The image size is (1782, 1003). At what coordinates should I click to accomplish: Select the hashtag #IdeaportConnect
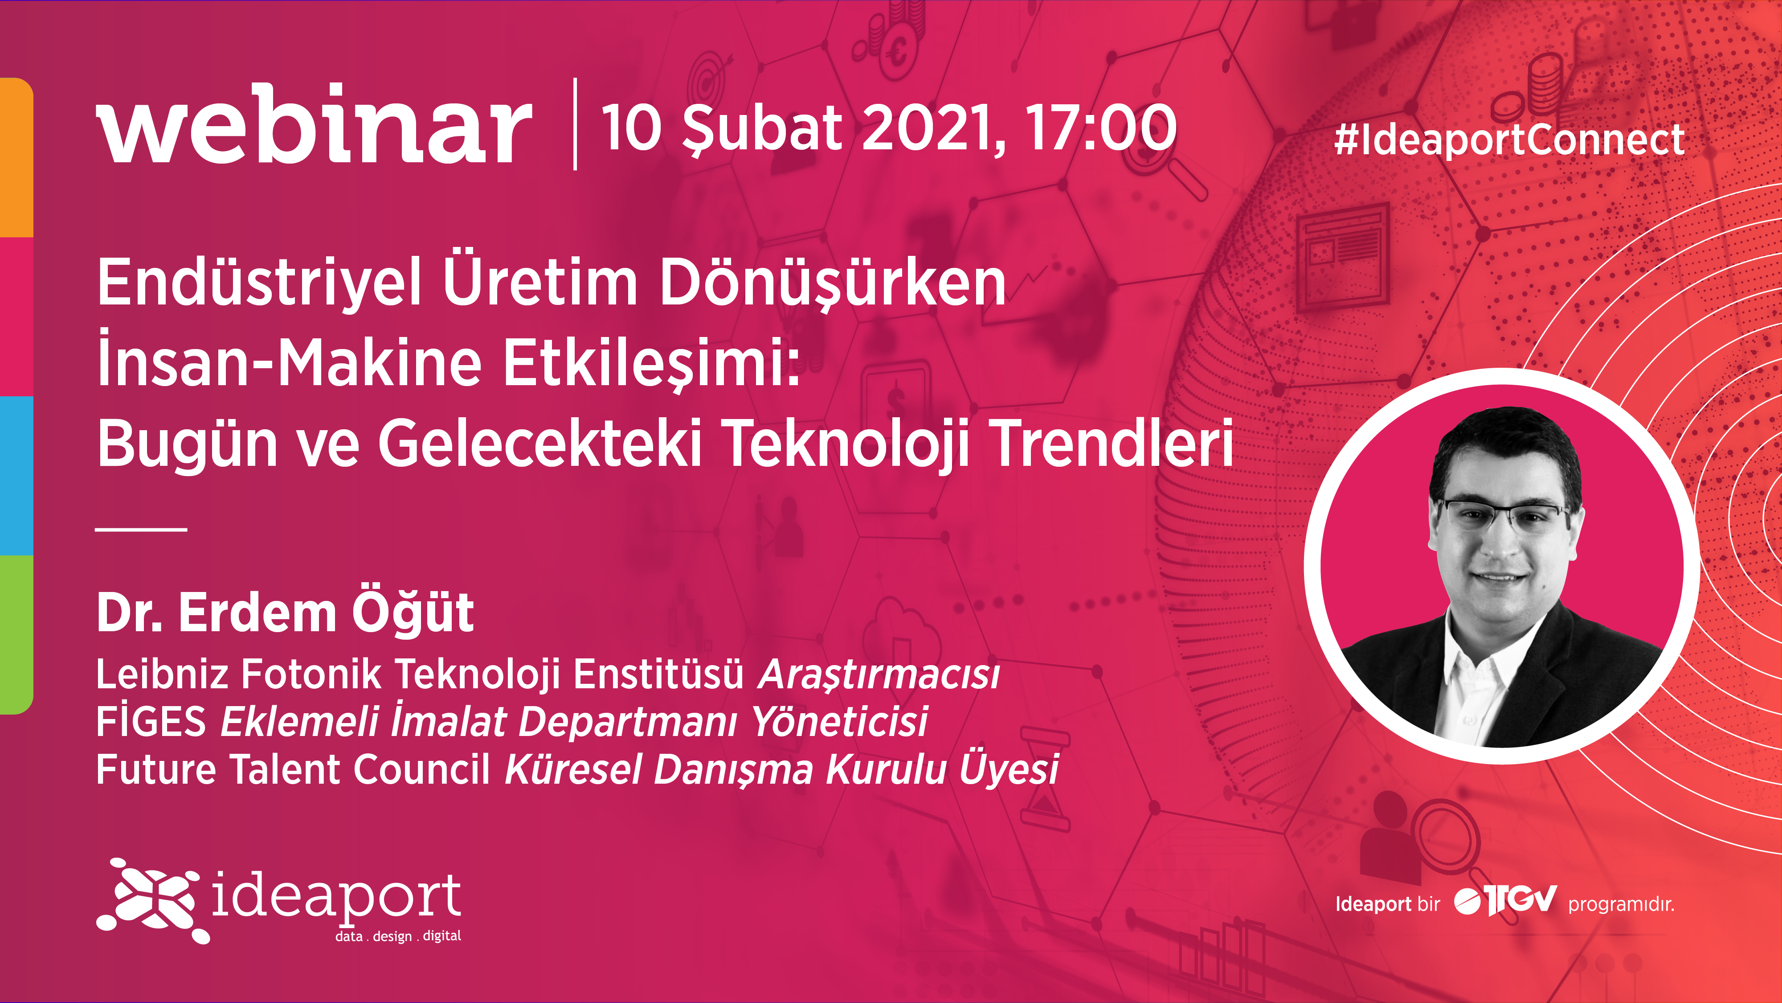1509,139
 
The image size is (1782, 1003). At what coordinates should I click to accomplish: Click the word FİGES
151,720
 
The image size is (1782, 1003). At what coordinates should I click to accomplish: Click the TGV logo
1505,900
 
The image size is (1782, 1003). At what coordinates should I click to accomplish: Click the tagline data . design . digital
398,936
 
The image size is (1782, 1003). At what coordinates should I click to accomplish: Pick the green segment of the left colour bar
16,634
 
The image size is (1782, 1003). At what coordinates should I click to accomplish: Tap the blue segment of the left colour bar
16,476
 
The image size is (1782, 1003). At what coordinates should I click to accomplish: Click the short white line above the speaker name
141,530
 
